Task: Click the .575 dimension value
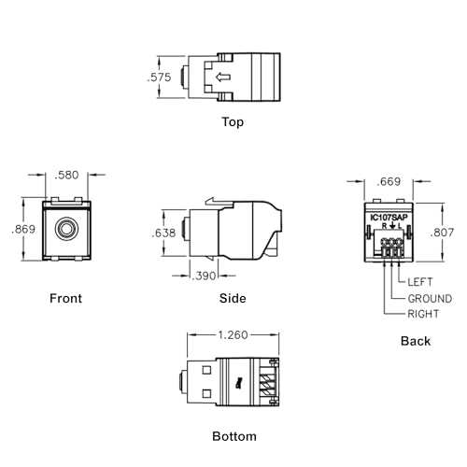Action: pos(159,78)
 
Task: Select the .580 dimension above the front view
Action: pos(66,175)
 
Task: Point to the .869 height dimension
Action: pos(23,230)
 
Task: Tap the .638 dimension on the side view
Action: pos(163,233)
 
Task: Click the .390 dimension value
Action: pos(204,276)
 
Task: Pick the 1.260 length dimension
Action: pos(233,335)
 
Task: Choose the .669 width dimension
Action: pos(389,181)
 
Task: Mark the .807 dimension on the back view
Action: pos(442,233)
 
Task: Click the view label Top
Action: pos(233,121)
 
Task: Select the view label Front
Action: pos(65,298)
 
